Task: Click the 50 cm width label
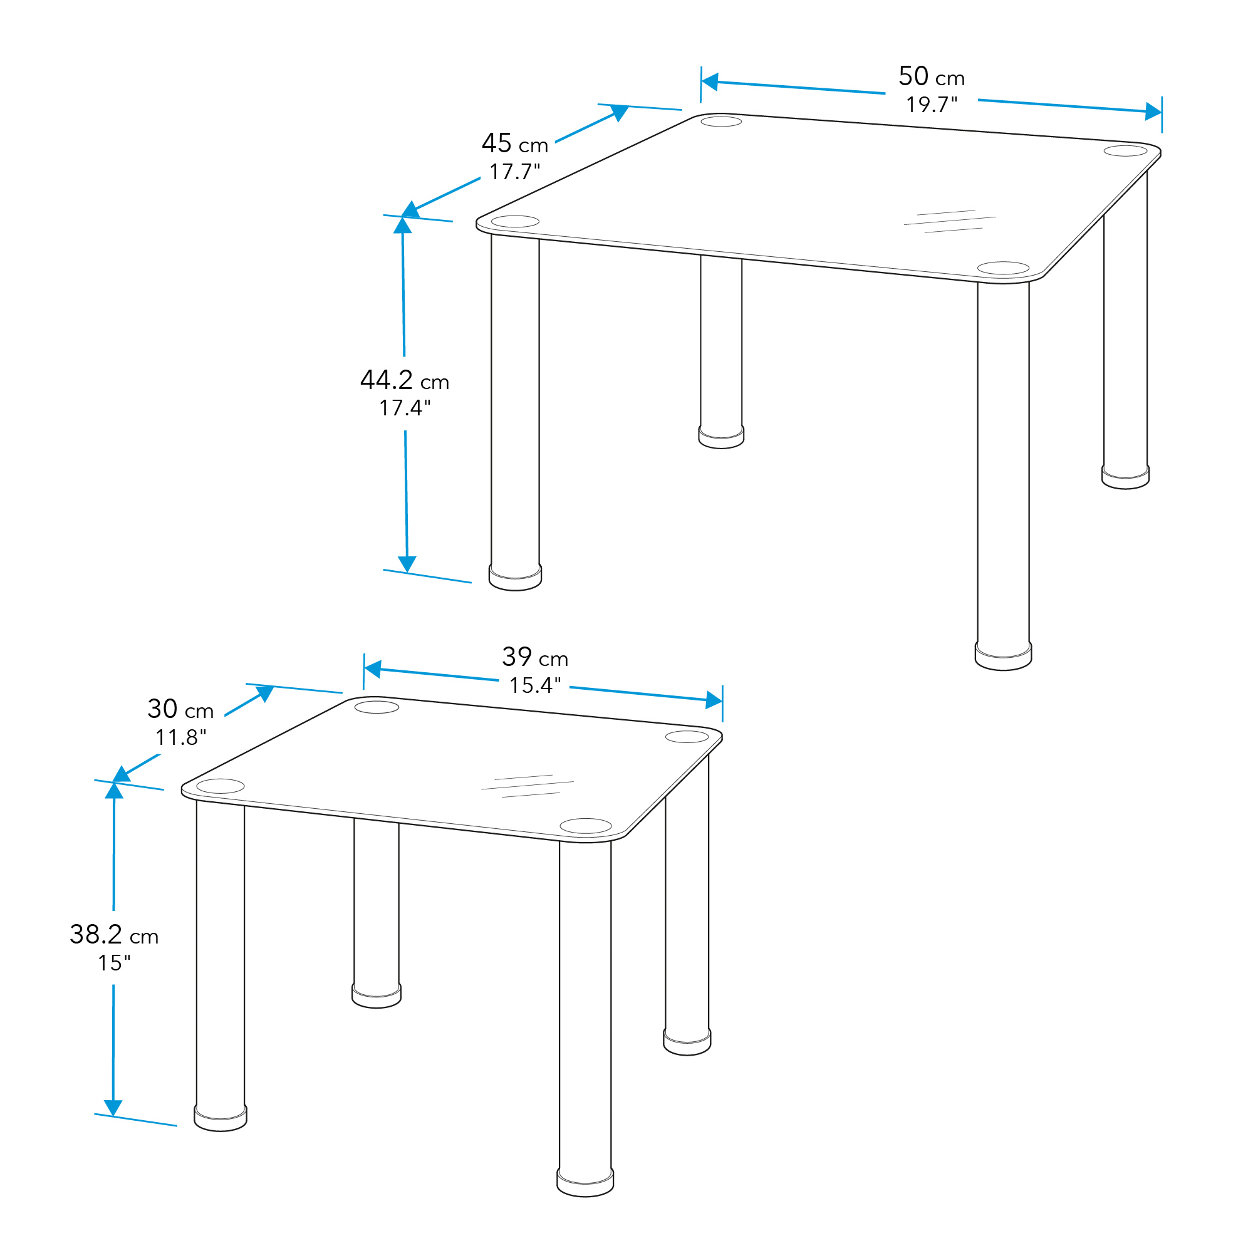pos(932,76)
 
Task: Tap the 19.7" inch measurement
pos(932,105)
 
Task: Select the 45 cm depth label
pos(515,143)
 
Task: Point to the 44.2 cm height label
pos(405,380)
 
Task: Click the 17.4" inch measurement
pos(405,408)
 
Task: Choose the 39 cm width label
pos(535,657)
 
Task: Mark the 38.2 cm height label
pos(114,935)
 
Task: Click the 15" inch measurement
pos(114,963)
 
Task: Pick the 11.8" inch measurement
pos(181,737)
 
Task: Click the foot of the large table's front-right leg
pos(1003,657)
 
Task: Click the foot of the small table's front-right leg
pos(585,1182)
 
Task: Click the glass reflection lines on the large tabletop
pos(950,221)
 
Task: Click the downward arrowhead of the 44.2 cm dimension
pos(407,564)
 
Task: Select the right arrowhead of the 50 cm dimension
pos(1153,112)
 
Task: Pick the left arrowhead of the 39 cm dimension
pos(372,668)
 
